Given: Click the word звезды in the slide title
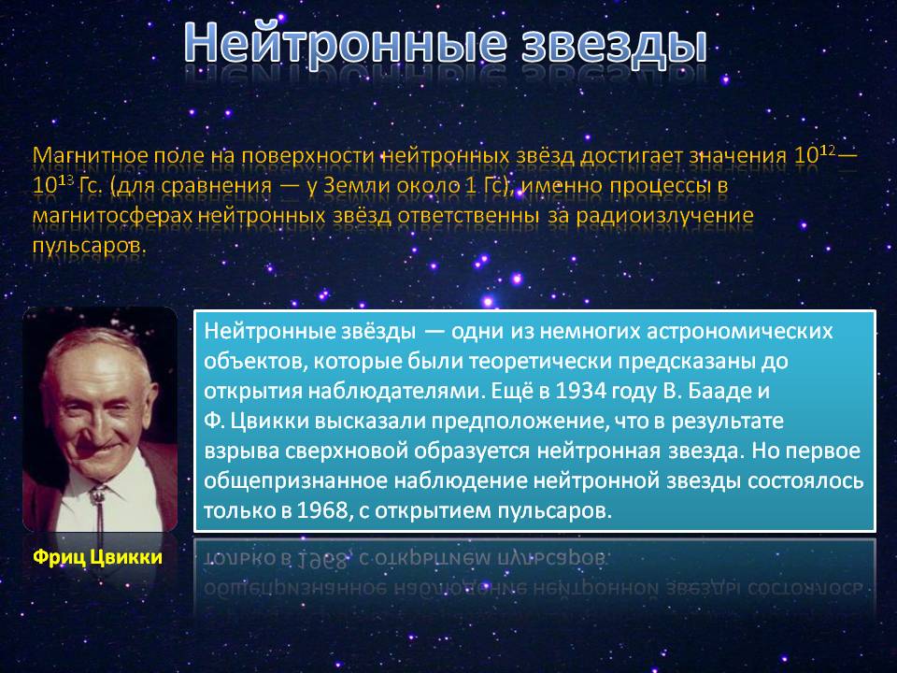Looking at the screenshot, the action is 614,45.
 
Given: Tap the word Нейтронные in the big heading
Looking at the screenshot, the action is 346,43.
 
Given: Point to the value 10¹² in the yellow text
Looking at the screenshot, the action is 815,153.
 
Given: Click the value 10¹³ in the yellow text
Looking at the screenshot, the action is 53,184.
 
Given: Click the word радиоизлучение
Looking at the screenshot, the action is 664,216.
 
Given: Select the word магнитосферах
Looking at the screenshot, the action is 112,216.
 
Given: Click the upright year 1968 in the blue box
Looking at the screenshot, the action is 322,510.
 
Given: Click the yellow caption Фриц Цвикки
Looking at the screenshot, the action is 98,557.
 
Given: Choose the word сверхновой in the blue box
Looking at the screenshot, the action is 347,451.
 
